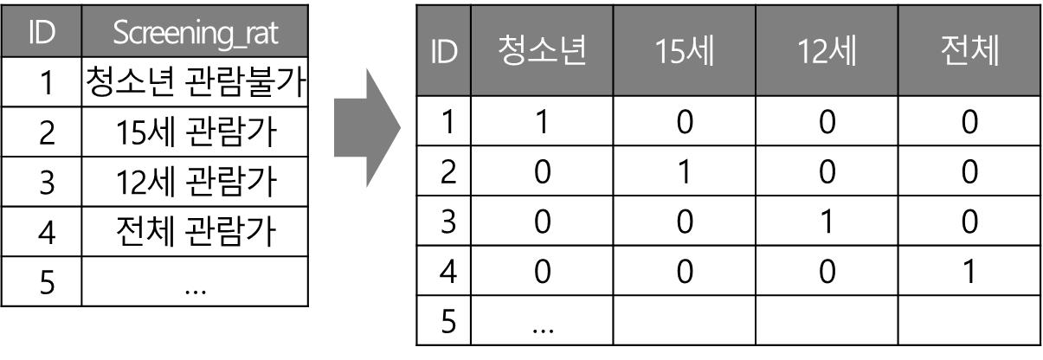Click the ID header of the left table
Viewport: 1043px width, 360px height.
(41, 33)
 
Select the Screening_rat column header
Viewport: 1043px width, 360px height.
(196, 33)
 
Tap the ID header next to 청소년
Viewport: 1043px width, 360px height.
(443, 52)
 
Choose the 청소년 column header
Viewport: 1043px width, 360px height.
(542, 52)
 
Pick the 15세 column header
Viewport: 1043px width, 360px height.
(684, 52)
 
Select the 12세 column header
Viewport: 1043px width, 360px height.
(827, 52)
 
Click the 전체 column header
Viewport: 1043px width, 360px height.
(969, 52)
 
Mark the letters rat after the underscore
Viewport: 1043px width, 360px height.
(263, 33)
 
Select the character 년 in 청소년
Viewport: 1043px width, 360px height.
(573, 52)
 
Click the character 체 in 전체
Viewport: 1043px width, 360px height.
(985, 52)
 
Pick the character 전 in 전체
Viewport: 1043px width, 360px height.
(954, 52)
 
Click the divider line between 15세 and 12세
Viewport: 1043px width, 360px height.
(756, 52)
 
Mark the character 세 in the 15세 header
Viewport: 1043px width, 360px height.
(699, 52)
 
